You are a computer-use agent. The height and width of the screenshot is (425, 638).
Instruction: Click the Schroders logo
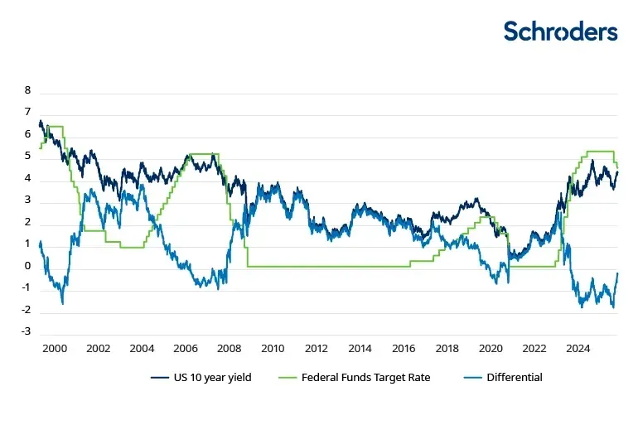point(561,31)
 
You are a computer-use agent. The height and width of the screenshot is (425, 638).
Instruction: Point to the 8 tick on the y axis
point(27,90)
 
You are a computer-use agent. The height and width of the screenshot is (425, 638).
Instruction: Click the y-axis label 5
point(27,157)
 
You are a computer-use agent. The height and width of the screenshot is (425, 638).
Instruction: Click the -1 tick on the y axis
point(26,288)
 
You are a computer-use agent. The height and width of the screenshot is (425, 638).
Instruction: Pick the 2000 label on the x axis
point(55,349)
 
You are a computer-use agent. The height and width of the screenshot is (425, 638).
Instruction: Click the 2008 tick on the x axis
point(230,349)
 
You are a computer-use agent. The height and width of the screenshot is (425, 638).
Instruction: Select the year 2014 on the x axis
point(360,349)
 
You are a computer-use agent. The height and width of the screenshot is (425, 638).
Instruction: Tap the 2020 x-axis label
point(491,349)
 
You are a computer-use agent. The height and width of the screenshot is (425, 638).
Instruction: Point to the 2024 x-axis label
point(578,349)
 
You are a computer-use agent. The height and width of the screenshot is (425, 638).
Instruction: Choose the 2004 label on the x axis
point(142,349)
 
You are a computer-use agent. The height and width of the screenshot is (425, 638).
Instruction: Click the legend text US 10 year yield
point(211,378)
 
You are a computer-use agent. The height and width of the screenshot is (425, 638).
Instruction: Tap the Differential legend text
point(515,378)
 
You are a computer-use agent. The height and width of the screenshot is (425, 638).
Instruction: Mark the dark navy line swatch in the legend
point(160,378)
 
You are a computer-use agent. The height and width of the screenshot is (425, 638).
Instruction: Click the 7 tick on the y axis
point(27,113)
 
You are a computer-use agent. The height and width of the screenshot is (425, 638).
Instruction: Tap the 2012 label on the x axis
point(317,349)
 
